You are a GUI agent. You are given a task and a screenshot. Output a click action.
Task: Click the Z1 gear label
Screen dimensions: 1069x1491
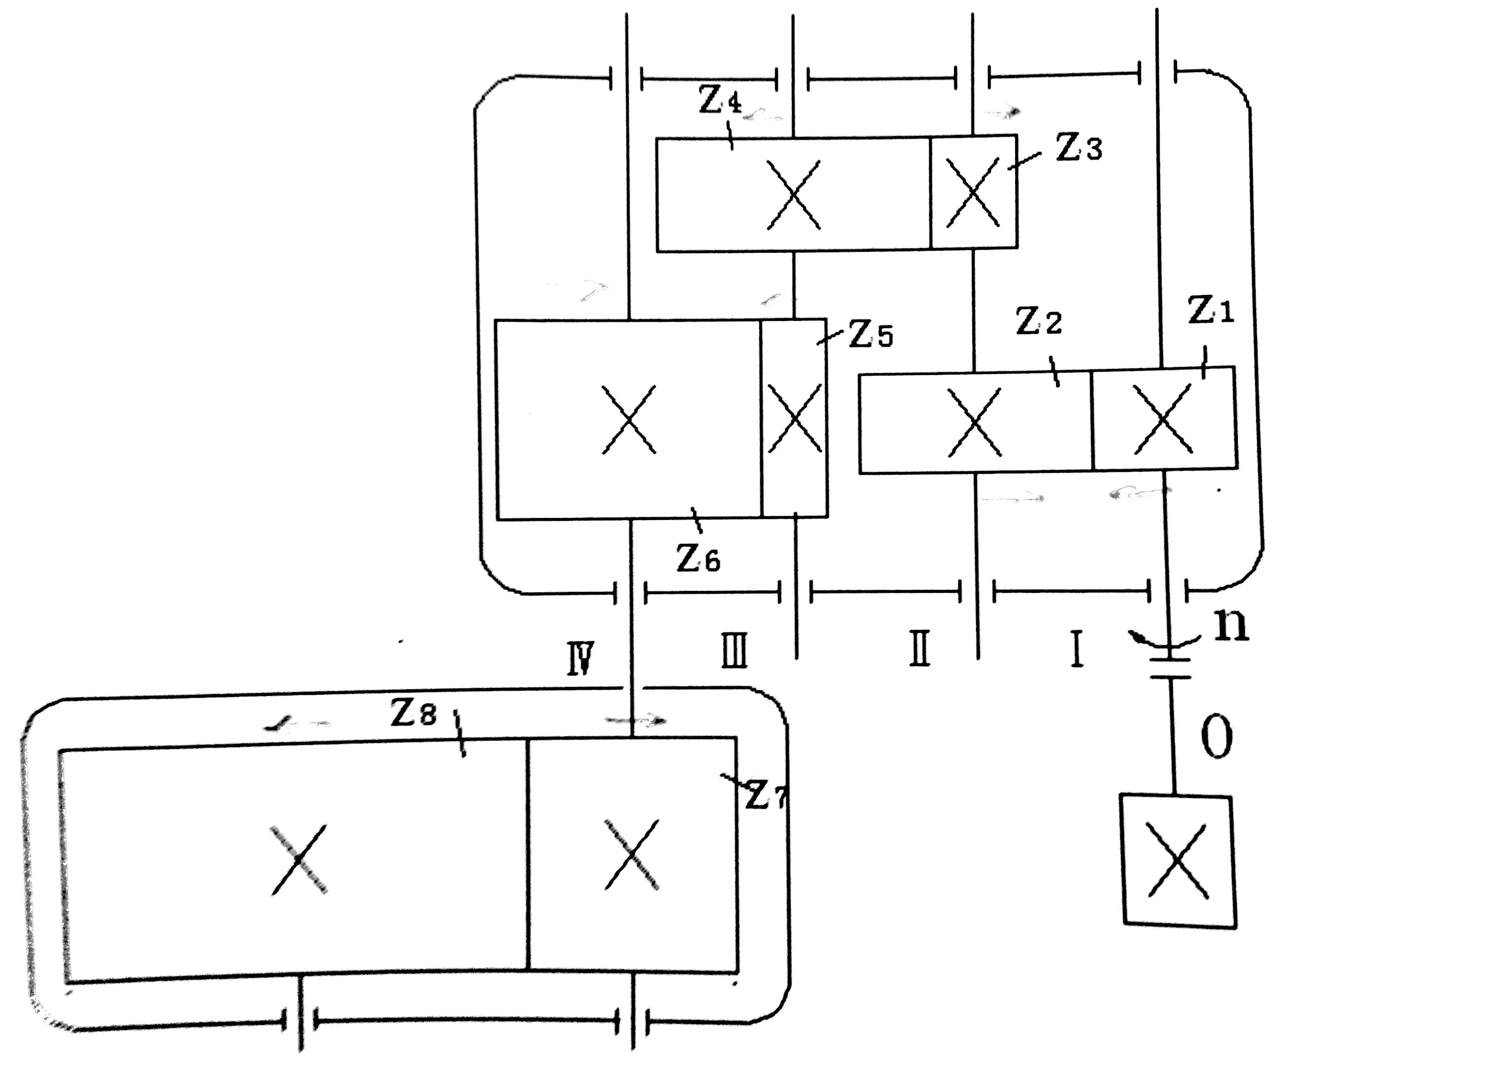pyautogui.click(x=1211, y=310)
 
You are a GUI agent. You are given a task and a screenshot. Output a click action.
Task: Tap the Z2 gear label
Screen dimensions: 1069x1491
pyautogui.click(x=1039, y=322)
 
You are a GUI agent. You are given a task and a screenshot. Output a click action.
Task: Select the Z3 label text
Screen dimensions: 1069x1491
pyautogui.click(x=1079, y=148)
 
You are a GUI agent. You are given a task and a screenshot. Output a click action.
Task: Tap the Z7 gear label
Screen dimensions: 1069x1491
pyautogui.click(x=766, y=796)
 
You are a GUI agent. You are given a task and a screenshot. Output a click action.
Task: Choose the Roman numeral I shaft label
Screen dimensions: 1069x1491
pyautogui.click(x=1076, y=649)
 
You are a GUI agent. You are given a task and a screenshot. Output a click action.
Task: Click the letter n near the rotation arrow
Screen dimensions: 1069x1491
pyautogui.click(x=1231, y=625)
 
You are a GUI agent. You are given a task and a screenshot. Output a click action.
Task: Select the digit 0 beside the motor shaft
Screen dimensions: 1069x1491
pyautogui.click(x=1216, y=737)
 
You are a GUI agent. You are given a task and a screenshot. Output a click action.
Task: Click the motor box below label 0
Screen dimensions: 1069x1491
pyautogui.click(x=1178, y=861)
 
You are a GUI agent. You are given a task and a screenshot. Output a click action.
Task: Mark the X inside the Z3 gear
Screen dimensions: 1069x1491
pyautogui.click(x=973, y=192)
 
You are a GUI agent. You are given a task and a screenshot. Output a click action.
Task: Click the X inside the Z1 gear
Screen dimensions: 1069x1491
pyautogui.click(x=1163, y=419)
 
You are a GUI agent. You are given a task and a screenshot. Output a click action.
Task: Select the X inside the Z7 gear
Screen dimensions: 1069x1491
pyautogui.click(x=632, y=854)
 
